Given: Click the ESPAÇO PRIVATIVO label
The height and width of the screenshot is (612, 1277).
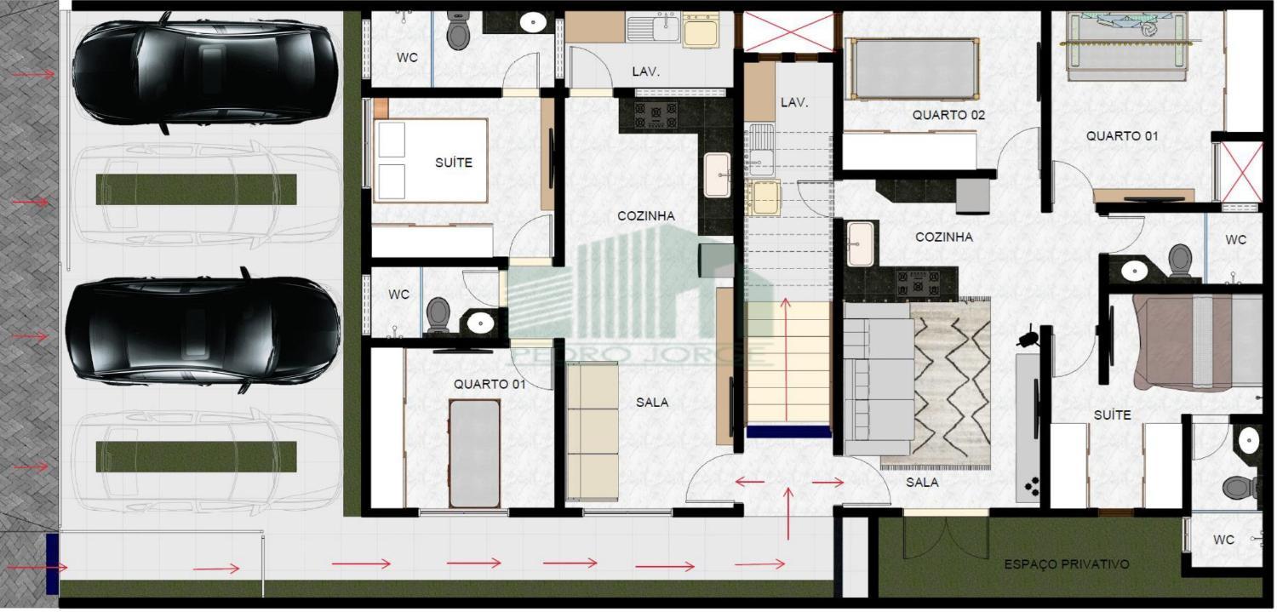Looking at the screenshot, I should pos(1066,564).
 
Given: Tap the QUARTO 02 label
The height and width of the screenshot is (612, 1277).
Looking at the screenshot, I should pos(948,114).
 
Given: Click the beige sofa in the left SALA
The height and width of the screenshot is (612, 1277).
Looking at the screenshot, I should pos(592,430).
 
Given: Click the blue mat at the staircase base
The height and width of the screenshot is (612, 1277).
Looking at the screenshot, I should pos(788,432).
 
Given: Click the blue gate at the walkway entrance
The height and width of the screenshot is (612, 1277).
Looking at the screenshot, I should pos(52,564).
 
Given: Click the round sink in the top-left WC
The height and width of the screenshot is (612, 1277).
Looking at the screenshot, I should pos(533,22).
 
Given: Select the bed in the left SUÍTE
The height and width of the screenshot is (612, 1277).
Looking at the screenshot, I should pos(430,161).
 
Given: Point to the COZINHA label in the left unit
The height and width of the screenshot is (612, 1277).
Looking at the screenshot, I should pos(645,216).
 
